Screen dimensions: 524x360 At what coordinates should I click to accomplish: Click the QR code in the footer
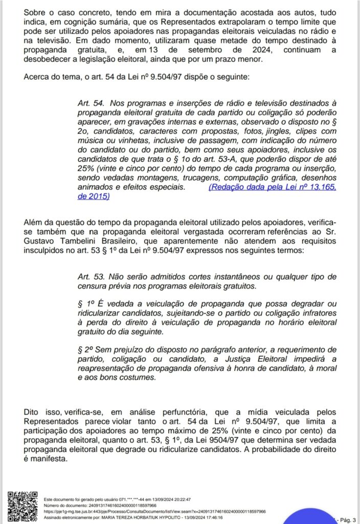point(20,506)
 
